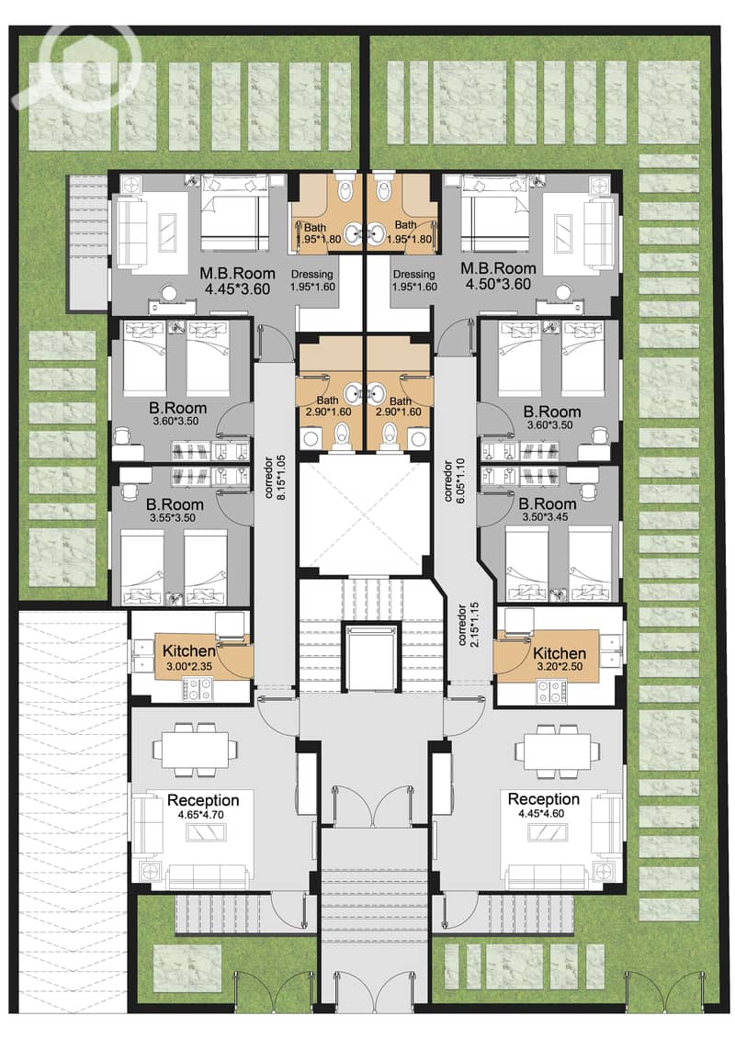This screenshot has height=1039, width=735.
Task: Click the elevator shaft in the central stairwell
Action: coord(370,655)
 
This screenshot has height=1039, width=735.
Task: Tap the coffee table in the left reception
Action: coord(208,833)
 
